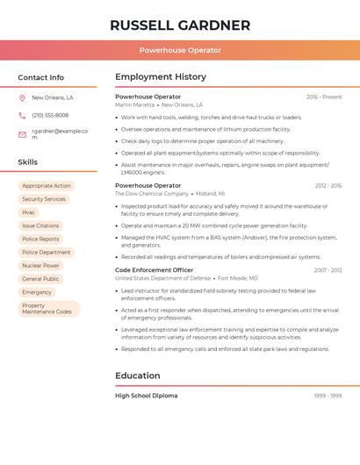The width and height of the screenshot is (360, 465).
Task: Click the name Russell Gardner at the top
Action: [x=180, y=25]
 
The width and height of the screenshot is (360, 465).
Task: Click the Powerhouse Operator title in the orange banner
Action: [x=180, y=50]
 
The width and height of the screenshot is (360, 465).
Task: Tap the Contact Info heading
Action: [x=41, y=77]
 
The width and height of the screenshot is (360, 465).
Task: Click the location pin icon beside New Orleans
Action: [x=22, y=98]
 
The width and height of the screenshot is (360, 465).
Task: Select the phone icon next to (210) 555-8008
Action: [x=22, y=116]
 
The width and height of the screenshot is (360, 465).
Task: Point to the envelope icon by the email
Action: [x=22, y=134]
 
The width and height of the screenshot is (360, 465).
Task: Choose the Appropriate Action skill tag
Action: [x=47, y=186]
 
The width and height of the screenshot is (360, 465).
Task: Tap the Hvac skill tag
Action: [x=29, y=212]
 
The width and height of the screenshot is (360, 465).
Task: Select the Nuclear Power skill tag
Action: [x=41, y=266]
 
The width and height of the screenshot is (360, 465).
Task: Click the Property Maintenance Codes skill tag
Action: [x=48, y=309]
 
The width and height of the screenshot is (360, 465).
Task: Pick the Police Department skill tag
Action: [x=47, y=253]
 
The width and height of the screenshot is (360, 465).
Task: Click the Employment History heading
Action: [x=161, y=77]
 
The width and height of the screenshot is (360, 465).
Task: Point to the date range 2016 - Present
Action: [x=324, y=97]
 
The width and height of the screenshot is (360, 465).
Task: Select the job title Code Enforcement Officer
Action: [x=155, y=270]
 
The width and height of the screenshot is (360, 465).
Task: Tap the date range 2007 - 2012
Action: [x=328, y=270]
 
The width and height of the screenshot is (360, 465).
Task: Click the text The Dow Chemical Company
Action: [x=152, y=194]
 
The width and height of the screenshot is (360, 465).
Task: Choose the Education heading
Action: [x=138, y=376]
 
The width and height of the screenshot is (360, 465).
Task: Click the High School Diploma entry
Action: [x=147, y=396]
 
